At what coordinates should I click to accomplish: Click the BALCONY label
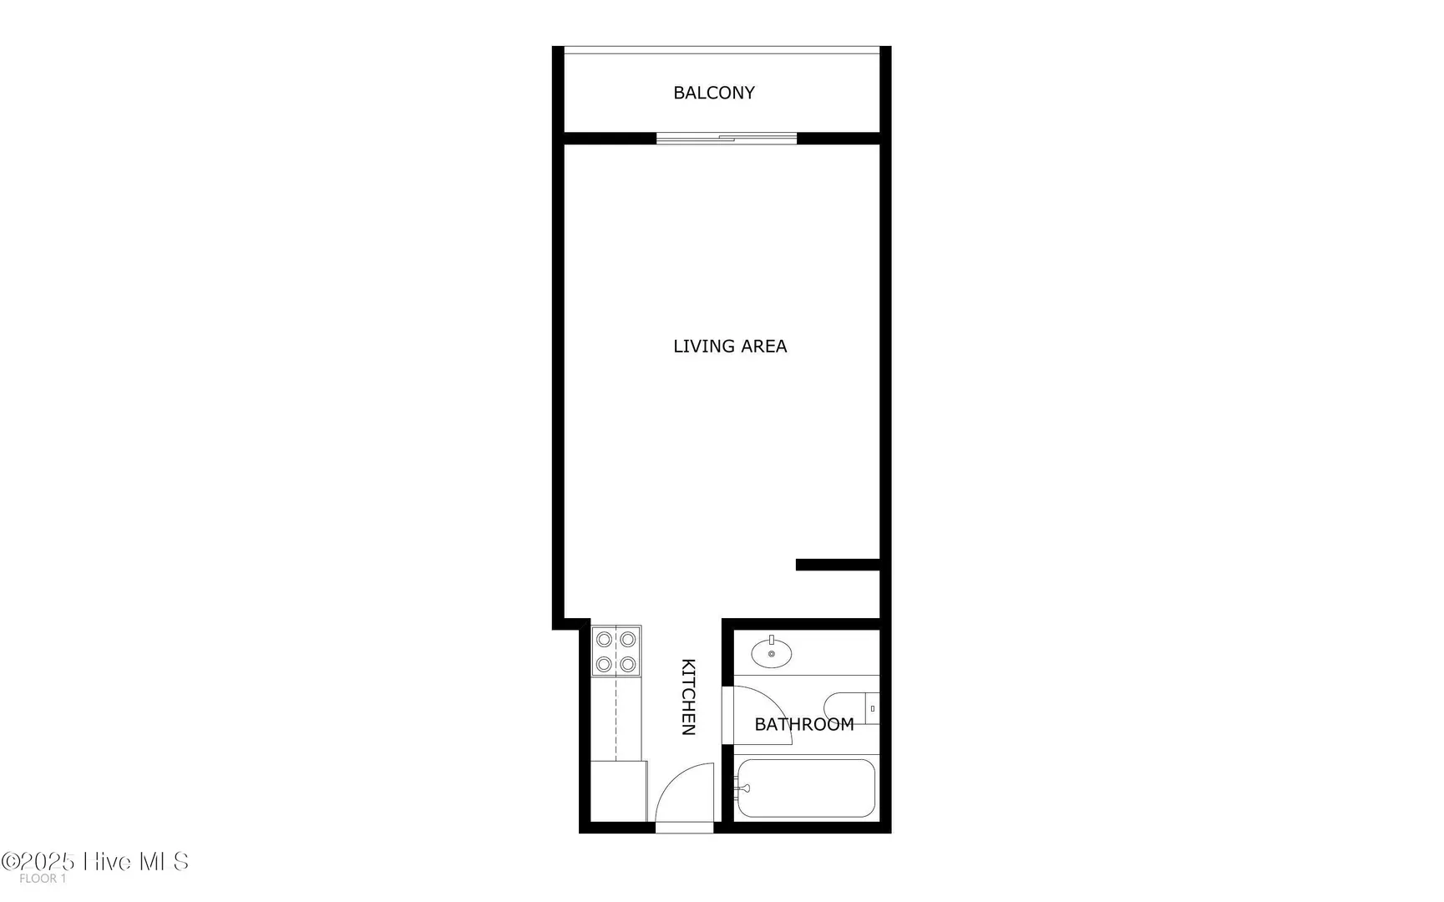coord(714,93)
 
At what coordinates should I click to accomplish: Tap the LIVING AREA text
coord(730,346)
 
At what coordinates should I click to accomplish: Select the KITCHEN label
coord(689,697)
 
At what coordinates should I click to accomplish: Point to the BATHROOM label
coord(804,724)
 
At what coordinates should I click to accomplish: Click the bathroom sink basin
coord(772,653)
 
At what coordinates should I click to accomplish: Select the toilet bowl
coord(844,708)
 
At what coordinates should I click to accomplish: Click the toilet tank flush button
coord(873,708)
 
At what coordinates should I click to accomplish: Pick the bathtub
coord(806,788)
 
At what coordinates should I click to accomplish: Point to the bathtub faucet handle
coord(742,788)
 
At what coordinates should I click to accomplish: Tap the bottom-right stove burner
coord(628,665)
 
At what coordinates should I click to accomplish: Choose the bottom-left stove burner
coord(604,665)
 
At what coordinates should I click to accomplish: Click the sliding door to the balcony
coord(727,139)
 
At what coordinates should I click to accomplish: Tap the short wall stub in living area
coord(838,565)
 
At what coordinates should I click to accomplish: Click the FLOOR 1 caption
coord(43,879)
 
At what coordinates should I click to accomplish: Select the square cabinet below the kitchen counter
coord(619,791)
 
